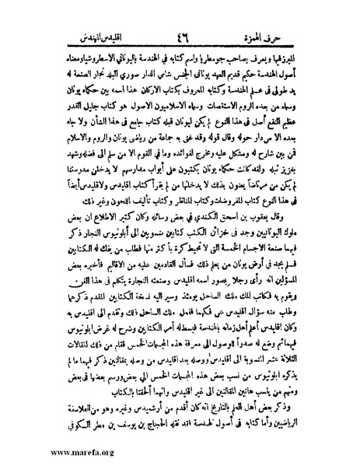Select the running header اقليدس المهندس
[x=92, y=15]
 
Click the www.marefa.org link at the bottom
[x=44, y=452]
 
